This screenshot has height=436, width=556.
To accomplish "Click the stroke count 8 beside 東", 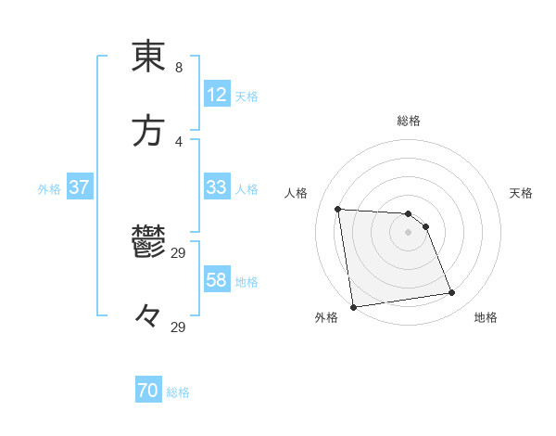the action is (179, 68).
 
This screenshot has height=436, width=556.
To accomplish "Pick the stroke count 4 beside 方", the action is (179, 141).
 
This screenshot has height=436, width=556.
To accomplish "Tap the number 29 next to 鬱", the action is (179, 253).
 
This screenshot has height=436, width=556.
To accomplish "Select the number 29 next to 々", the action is (179, 327).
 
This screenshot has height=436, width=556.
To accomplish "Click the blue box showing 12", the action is (217, 95).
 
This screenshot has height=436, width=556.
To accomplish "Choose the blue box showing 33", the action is (217, 187).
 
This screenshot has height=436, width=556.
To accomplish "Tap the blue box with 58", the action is (217, 280).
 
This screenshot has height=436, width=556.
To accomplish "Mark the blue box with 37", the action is (80, 187).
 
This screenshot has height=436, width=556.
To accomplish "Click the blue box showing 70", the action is (148, 391).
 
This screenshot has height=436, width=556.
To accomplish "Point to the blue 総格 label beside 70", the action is (178, 392).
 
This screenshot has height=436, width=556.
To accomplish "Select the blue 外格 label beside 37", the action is (49, 188).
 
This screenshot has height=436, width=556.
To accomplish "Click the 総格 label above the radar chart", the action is (409, 121).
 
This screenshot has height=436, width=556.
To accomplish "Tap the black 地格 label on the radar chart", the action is (486, 318).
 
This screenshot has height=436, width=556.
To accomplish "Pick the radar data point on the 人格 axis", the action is (338, 209).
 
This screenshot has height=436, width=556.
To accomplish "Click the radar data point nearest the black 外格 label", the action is (353, 306).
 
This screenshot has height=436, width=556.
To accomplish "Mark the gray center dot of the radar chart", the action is (409, 232).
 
